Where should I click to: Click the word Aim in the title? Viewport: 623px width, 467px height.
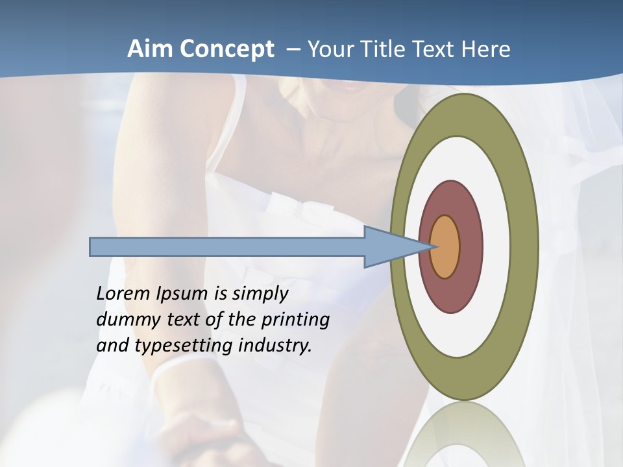click(149, 49)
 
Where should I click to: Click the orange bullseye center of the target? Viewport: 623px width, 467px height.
click(445, 247)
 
